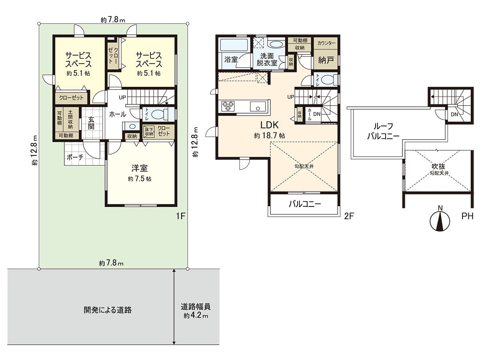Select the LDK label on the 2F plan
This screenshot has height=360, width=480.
pyautogui.click(x=270, y=124)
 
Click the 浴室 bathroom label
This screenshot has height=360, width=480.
pyautogui.click(x=231, y=60)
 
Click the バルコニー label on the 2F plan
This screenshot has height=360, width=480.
pyautogui.click(x=305, y=204)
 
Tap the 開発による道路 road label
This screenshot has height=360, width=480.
pyautogui.click(x=108, y=310)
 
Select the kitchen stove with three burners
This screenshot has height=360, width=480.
pyautogui.click(x=228, y=106)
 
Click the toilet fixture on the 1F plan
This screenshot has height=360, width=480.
pyautogui.click(x=162, y=114)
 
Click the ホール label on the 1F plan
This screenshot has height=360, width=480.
pyautogui.click(x=118, y=114)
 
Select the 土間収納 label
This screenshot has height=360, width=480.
pyautogui.click(x=70, y=119)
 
